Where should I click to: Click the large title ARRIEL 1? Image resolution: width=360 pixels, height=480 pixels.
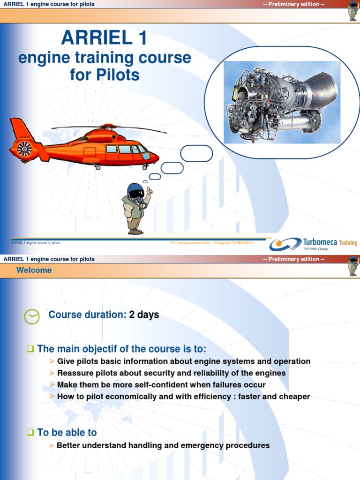click(x=104, y=37)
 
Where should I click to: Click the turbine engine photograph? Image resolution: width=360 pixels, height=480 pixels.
click(x=282, y=102)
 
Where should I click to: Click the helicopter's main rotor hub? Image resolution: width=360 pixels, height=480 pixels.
click(x=108, y=127)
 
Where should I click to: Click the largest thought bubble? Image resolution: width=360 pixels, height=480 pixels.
click(x=196, y=154)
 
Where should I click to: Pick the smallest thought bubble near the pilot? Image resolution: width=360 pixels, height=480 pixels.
click(x=145, y=182)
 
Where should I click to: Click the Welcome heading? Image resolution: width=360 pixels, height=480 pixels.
click(x=34, y=270)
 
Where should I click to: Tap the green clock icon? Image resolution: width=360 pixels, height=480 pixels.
click(x=32, y=316)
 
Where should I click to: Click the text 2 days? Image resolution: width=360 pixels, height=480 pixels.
click(x=144, y=315)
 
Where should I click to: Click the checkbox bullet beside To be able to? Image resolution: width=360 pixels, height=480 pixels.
click(x=30, y=433)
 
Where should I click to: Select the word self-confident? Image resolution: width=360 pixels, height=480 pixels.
click(x=147, y=385)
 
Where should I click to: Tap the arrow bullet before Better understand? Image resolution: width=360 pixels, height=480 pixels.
click(x=52, y=445)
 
